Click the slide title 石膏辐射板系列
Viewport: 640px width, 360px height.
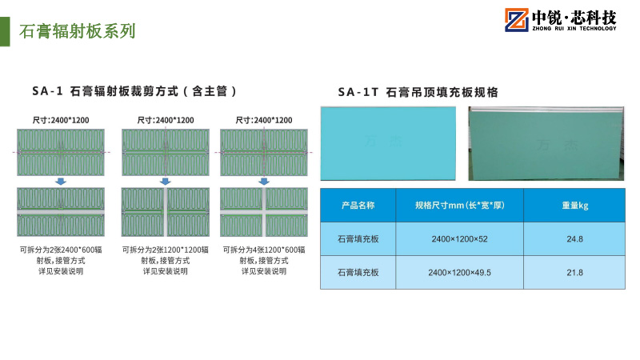click(x=77, y=31)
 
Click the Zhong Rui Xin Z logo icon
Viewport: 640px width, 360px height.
click(x=517, y=20)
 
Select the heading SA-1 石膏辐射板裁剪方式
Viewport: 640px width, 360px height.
click(x=136, y=91)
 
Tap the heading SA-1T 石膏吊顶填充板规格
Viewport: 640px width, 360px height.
click(x=418, y=92)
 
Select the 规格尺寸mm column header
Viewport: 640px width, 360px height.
click(x=458, y=206)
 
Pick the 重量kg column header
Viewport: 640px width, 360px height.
click(x=574, y=206)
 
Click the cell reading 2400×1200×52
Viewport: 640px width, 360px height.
click(x=458, y=238)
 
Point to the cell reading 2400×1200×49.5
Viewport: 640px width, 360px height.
click(x=458, y=273)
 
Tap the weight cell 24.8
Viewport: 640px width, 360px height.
click(x=574, y=238)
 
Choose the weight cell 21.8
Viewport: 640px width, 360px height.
click(x=574, y=273)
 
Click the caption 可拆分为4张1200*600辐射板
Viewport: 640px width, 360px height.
click(x=263, y=250)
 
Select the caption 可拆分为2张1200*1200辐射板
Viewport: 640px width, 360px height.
click(x=166, y=250)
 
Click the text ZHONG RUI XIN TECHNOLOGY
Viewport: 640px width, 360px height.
click(x=574, y=28)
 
